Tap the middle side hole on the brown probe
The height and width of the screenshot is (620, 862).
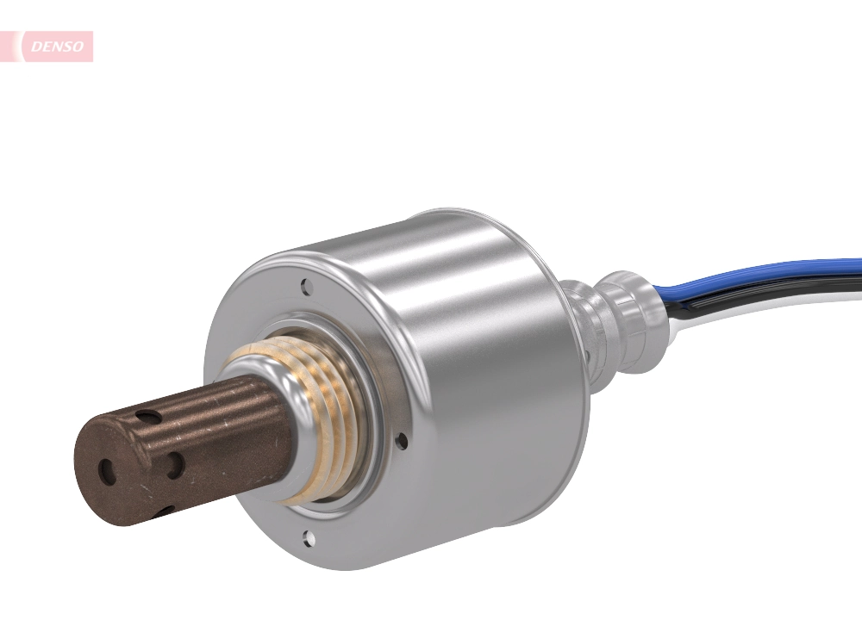tap(175, 466)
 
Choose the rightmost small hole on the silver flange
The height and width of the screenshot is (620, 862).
tap(401, 441)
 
